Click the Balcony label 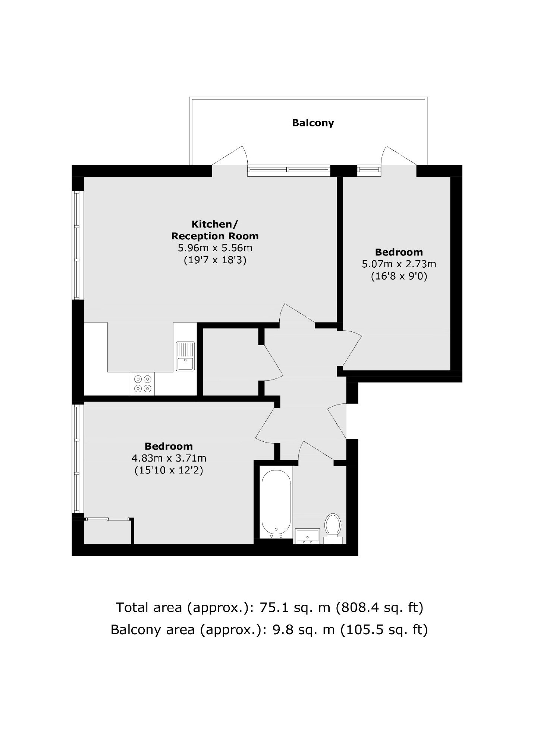(x=313, y=123)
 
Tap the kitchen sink (x=185, y=356)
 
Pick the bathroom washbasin (x=307, y=536)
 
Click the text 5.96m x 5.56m (x=215, y=248)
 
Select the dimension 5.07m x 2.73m (x=399, y=264)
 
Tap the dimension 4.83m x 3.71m (x=169, y=458)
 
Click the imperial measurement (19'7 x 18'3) (x=215, y=260)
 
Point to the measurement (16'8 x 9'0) (x=399, y=277)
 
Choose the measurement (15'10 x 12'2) (x=169, y=471)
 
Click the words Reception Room (x=215, y=236)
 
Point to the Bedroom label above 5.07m (x=399, y=252)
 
